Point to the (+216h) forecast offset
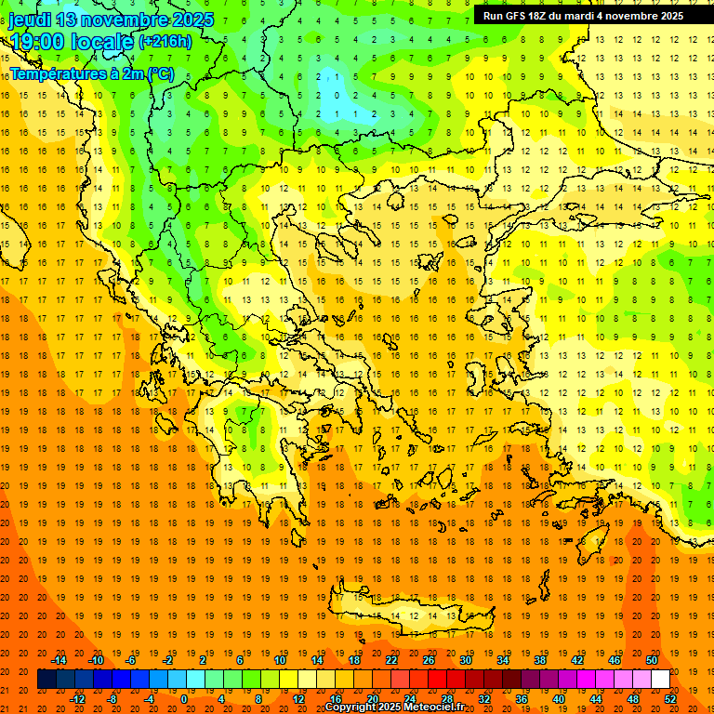(165, 42)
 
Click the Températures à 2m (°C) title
(91, 73)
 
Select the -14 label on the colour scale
(59, 659)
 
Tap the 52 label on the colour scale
(671, 699)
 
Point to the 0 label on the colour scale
(183, 699)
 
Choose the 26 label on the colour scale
(429, 659)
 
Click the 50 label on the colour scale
(652, 659)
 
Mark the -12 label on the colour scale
(78, 699)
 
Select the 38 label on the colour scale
(540, 659)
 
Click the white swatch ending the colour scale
(660, 679)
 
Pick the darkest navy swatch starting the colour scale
(46, 679)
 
